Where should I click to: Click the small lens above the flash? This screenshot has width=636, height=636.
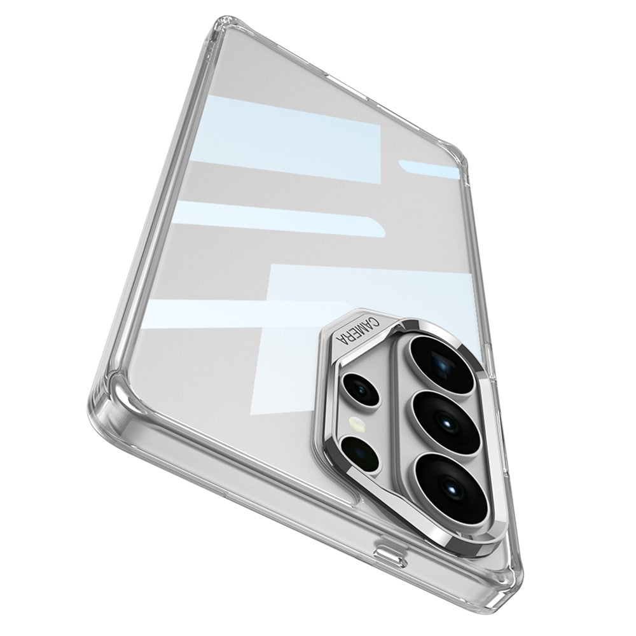pos(361,389)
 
